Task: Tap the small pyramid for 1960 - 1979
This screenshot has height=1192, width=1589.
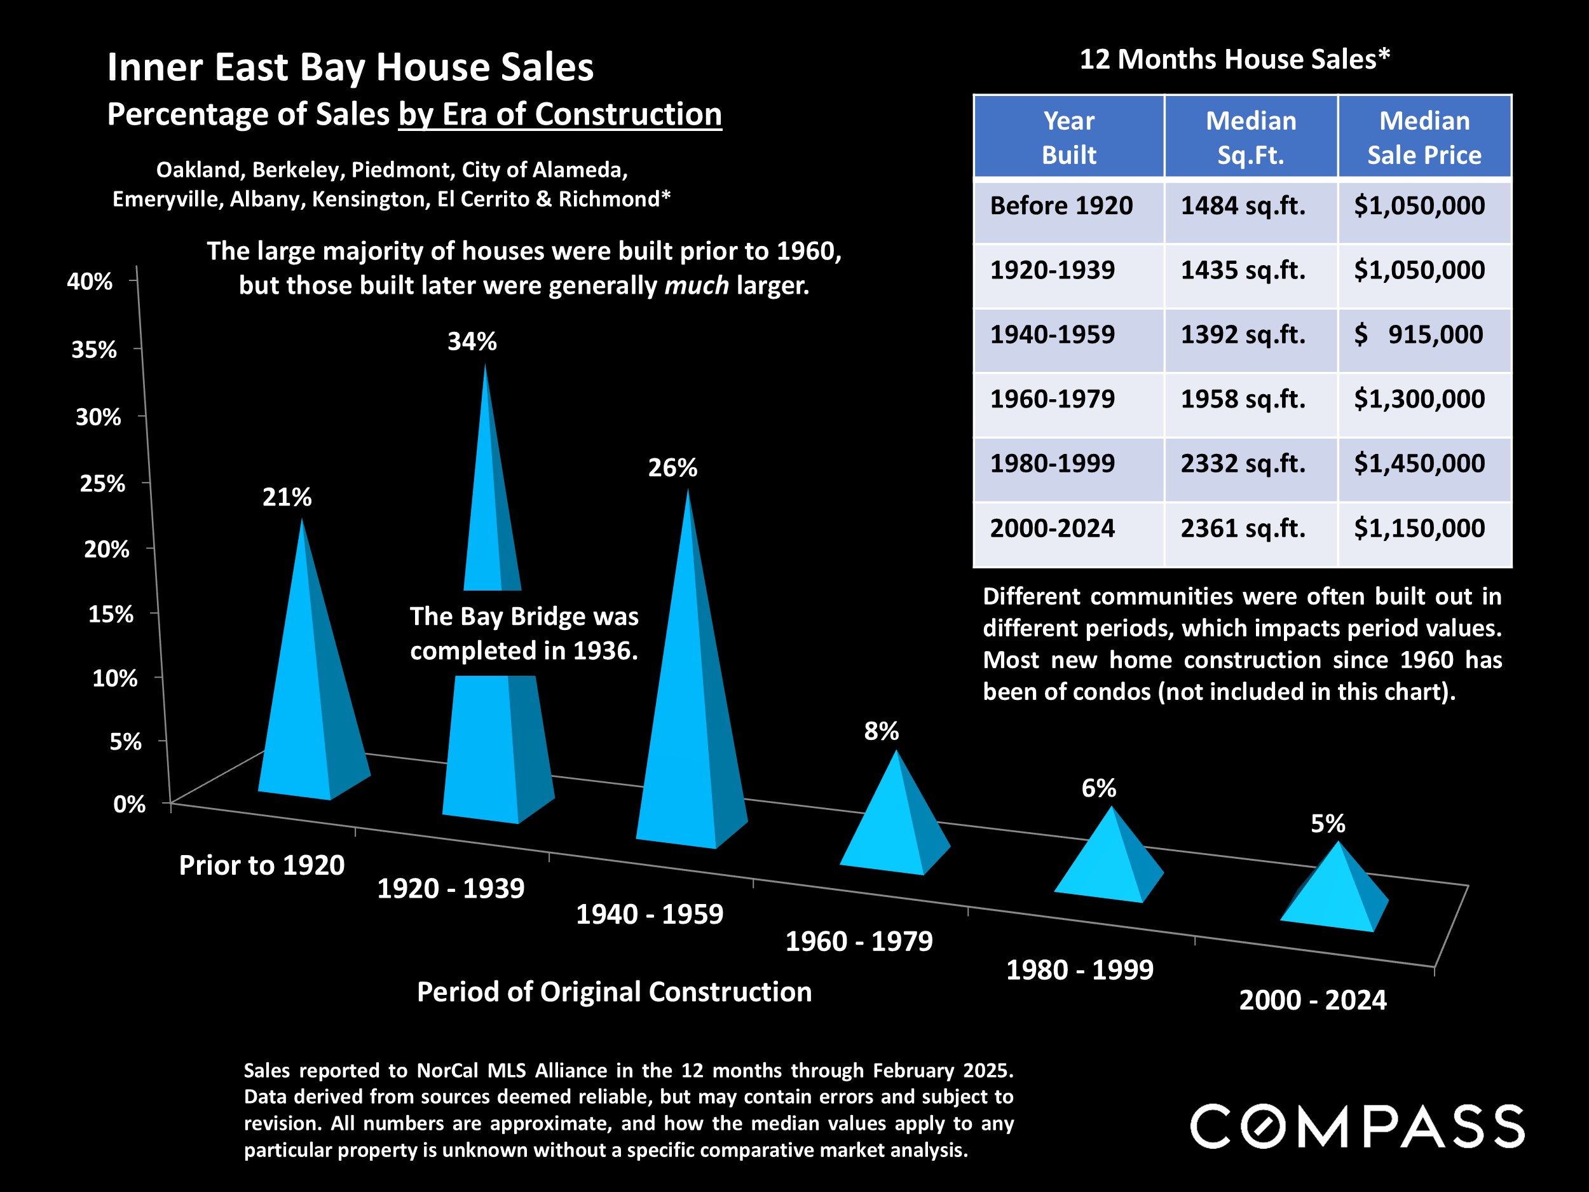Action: (x=894, y=826)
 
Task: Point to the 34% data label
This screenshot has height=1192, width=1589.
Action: (x=472, y=341)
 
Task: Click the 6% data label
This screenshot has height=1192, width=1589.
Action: (x=1098, y=788)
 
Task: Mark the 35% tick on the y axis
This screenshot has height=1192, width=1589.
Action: (x=93, y=350)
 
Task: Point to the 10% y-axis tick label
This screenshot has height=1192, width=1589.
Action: (x=114, y=678)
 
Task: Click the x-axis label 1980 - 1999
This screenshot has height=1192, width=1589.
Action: (x=1079, y=970)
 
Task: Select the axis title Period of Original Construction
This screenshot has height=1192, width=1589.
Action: (x=614, y=992)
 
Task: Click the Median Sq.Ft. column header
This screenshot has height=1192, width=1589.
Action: (x=1250, y=137)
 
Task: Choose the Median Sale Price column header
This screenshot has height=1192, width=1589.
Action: (x=1424, y=137)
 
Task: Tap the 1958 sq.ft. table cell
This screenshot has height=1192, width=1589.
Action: (x=1243, y=399)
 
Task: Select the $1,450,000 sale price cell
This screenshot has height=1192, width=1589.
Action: (x=1419, y=463)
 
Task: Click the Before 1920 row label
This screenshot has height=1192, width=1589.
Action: (x=1061, y=205)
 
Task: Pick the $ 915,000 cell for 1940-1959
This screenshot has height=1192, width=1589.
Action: (x=1419, y=335)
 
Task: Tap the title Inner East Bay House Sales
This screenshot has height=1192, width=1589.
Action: (x=350, y=67)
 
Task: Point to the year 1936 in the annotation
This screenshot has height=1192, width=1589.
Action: (x=605, y=651)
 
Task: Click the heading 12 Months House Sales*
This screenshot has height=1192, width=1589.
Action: (x=1234, y=59)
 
